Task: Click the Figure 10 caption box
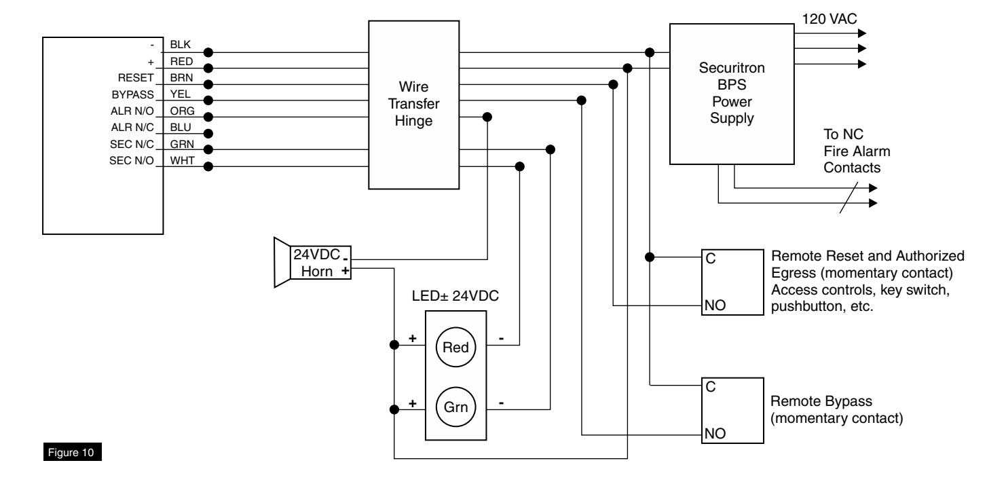pyautogui.click(x=73, y=451)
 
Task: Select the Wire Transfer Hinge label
pyautogui.click(x=413, y=104)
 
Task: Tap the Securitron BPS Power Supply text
pyautogui.click(x=732, y=93)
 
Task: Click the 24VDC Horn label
pyautogui.click(x=316, y=263)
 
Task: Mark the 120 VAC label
pyautogui.click(x=829, y=19)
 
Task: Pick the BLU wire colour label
pyautogui.click(x=181, y=128)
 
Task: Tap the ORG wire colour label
pyautogui.click(x=182, y=111)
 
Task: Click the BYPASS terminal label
pyautogui.click(x=132, y=95)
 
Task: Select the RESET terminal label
pyautogui.click(x=136, y=77)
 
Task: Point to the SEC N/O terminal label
pyautogui.click(x=131, y=161)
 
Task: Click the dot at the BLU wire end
pyautogui.click(x=208, y=133)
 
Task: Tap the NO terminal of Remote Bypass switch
pyautogui.click(x=715, y=433)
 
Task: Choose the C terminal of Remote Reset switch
pyautogui.click(x=711, y=259)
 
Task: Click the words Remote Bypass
pyautogui.click(x=821, y=401)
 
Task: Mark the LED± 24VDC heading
pyautogui.click(x=455, y=296)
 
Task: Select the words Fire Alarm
pyautogui.click(x=857, y=151)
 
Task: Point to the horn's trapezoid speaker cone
pyautogui.click(x=282, y=262)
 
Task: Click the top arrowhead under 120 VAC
pyautogui.click(x=862, y=33)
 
